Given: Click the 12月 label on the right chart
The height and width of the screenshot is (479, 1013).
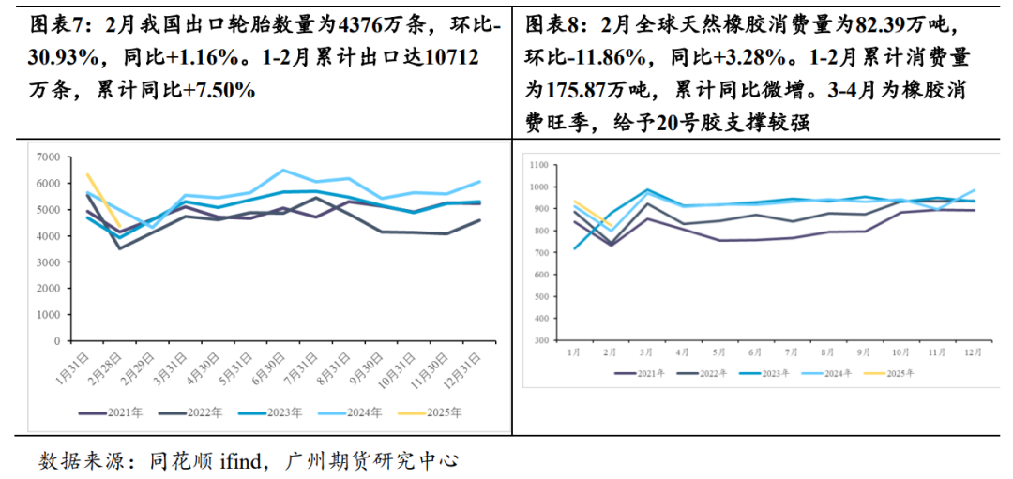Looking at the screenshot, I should point(973,353).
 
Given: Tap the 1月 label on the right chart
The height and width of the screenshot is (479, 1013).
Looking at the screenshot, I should point(574,353).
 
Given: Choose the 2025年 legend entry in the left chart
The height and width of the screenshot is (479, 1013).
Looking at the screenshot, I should point(442,412).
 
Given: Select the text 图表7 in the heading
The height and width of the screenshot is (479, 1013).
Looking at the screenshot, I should point(52,25).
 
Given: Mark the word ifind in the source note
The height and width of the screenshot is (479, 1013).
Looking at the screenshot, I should point(242,460).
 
